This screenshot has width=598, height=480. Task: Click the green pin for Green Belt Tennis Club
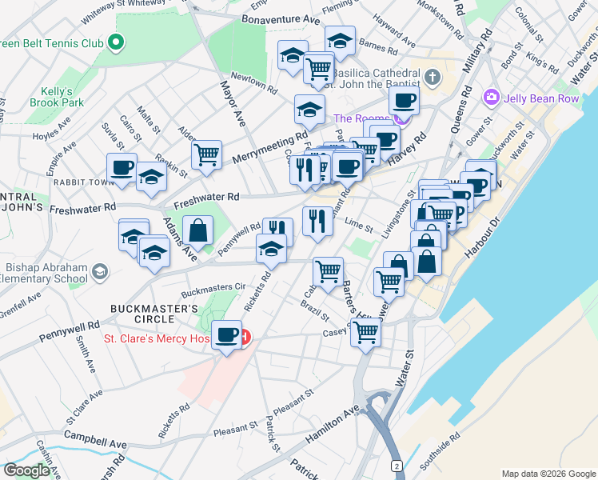click(x=117, y=42)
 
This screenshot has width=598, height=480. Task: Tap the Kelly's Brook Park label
click(x=62, y=97)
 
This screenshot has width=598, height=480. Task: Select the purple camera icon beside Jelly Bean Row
click(x=491, y=98)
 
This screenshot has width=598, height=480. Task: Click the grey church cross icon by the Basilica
click(x=433, y=78)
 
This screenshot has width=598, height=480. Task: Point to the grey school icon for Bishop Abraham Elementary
click(x=99, y=272)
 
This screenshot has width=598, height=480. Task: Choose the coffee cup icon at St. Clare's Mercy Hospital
click(x=227, y=334)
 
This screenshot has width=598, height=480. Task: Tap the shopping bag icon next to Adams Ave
click(x=197, y=231)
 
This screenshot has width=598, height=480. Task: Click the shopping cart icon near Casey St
click(x=365, y=330)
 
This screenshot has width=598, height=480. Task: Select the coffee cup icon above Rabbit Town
click(x=122, y=167)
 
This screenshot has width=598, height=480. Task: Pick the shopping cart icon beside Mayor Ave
click(x=206, y=154)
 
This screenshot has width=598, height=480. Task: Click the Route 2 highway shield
click(x=397, y=465)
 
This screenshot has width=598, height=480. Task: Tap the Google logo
click(x=26, y=470)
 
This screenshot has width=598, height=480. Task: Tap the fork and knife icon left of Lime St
click(x=317, y=219)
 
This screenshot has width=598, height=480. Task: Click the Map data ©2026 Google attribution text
click(x=548, y=473)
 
